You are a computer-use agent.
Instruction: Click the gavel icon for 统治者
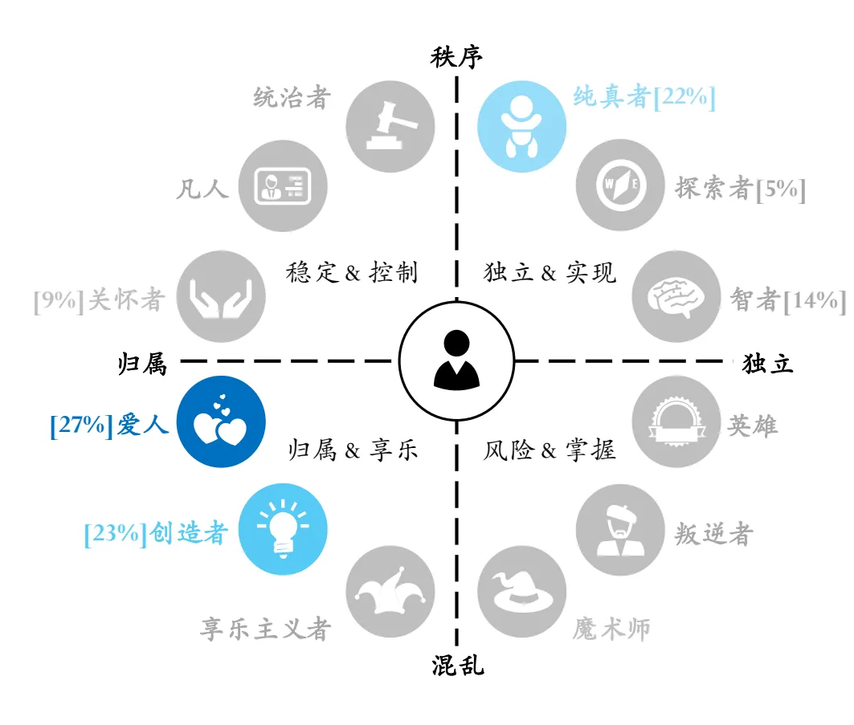[x=391, y=126]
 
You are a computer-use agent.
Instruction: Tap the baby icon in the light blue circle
[x=521, y=126]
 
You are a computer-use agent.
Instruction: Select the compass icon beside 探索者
[x=620, y=185]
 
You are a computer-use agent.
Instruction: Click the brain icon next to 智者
[x=676, y=297]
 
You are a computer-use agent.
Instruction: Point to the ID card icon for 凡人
[x=283, y=185]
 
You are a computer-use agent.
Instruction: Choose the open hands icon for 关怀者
[x=221, y=298]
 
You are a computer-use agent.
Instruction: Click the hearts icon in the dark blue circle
[x=221, y=421]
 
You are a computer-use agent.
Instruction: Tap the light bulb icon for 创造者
[x=283, y=528]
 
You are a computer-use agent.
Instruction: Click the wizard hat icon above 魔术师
[x=521, y=592]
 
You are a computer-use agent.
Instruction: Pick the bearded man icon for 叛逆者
[x=620, y=530]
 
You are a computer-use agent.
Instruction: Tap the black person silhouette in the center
[x=456, y=360]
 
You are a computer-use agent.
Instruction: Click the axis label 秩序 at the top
[x=456, y=57]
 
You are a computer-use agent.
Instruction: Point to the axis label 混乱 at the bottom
[x=457, y=665]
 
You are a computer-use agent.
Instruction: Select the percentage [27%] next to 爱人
[x=82, y=425]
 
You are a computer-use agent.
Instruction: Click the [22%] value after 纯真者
[x=684, y=97]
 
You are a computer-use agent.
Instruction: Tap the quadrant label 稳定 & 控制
[x=352, y=271]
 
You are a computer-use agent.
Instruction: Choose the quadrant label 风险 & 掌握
[x=549, y=450]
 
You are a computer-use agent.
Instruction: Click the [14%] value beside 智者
[x=815, y=300]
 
